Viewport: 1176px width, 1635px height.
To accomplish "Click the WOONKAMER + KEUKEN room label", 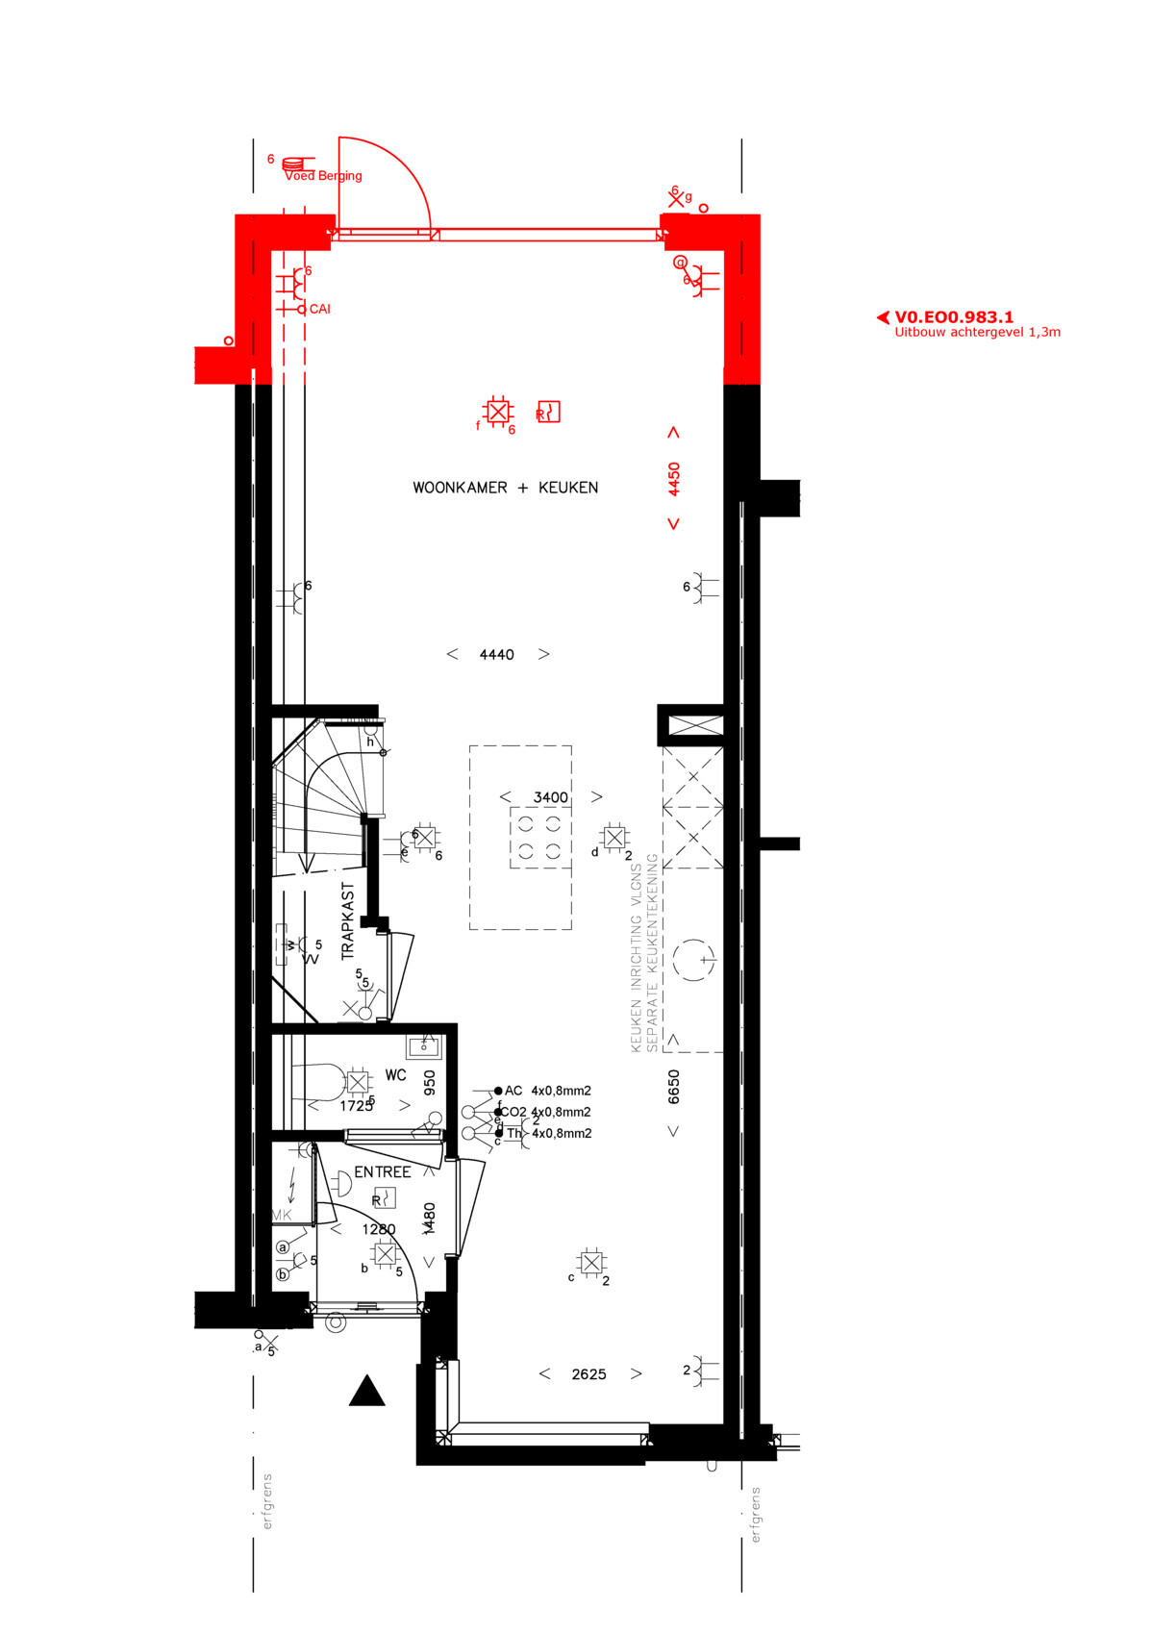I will tap(505, 488).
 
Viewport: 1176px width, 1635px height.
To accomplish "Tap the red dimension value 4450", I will tap(674, 479).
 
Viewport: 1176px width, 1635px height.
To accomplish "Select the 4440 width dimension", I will tap(496, 655).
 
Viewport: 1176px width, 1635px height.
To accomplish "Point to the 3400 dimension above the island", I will tap(550, 797).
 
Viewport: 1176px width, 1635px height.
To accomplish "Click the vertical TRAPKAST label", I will tap(348, 921).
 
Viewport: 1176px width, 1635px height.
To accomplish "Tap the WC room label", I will tap(395, 1075).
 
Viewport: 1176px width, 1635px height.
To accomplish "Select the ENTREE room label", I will tap(382, 1172).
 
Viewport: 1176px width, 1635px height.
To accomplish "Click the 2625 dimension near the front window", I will tap(588, 1375).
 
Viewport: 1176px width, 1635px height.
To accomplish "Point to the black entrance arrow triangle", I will tap(366, 1392).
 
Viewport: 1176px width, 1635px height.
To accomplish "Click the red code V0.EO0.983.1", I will tap(953, 317).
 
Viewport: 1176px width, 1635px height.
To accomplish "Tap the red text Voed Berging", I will tap(323, 176).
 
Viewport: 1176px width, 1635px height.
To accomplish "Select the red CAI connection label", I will tap(319, 310).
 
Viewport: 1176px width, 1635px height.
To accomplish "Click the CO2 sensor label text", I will tap(513, 1113).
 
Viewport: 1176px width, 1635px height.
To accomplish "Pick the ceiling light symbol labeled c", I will tap(591, 1263).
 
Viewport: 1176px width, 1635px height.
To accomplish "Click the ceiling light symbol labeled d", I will tap(613, 837).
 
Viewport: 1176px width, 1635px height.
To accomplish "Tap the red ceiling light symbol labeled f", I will tap(497, 412).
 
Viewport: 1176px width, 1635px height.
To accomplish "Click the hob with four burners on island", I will tap(539, 837).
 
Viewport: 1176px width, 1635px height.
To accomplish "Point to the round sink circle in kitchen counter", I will tap(693, 960).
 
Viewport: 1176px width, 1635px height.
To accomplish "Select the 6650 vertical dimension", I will tap(674, 1087).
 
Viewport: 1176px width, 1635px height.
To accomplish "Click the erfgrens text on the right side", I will tap(756, 1515).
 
